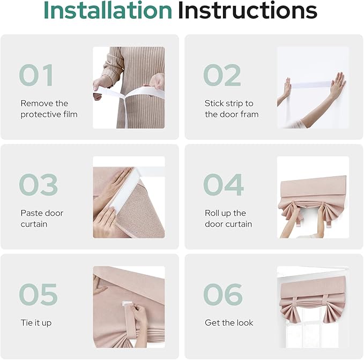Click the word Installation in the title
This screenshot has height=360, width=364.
107,11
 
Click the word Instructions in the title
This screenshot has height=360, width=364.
247,11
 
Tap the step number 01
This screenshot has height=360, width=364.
36,76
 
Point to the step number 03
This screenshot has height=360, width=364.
38,185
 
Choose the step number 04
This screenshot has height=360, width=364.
223,185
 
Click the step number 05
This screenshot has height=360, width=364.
38,295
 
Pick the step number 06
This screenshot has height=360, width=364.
222,295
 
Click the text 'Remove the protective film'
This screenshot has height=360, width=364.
49,109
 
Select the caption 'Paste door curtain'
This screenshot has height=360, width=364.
42,219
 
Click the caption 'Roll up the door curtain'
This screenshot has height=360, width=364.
228,219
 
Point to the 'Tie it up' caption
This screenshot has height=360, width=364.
36,323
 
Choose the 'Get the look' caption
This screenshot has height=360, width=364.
229,323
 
